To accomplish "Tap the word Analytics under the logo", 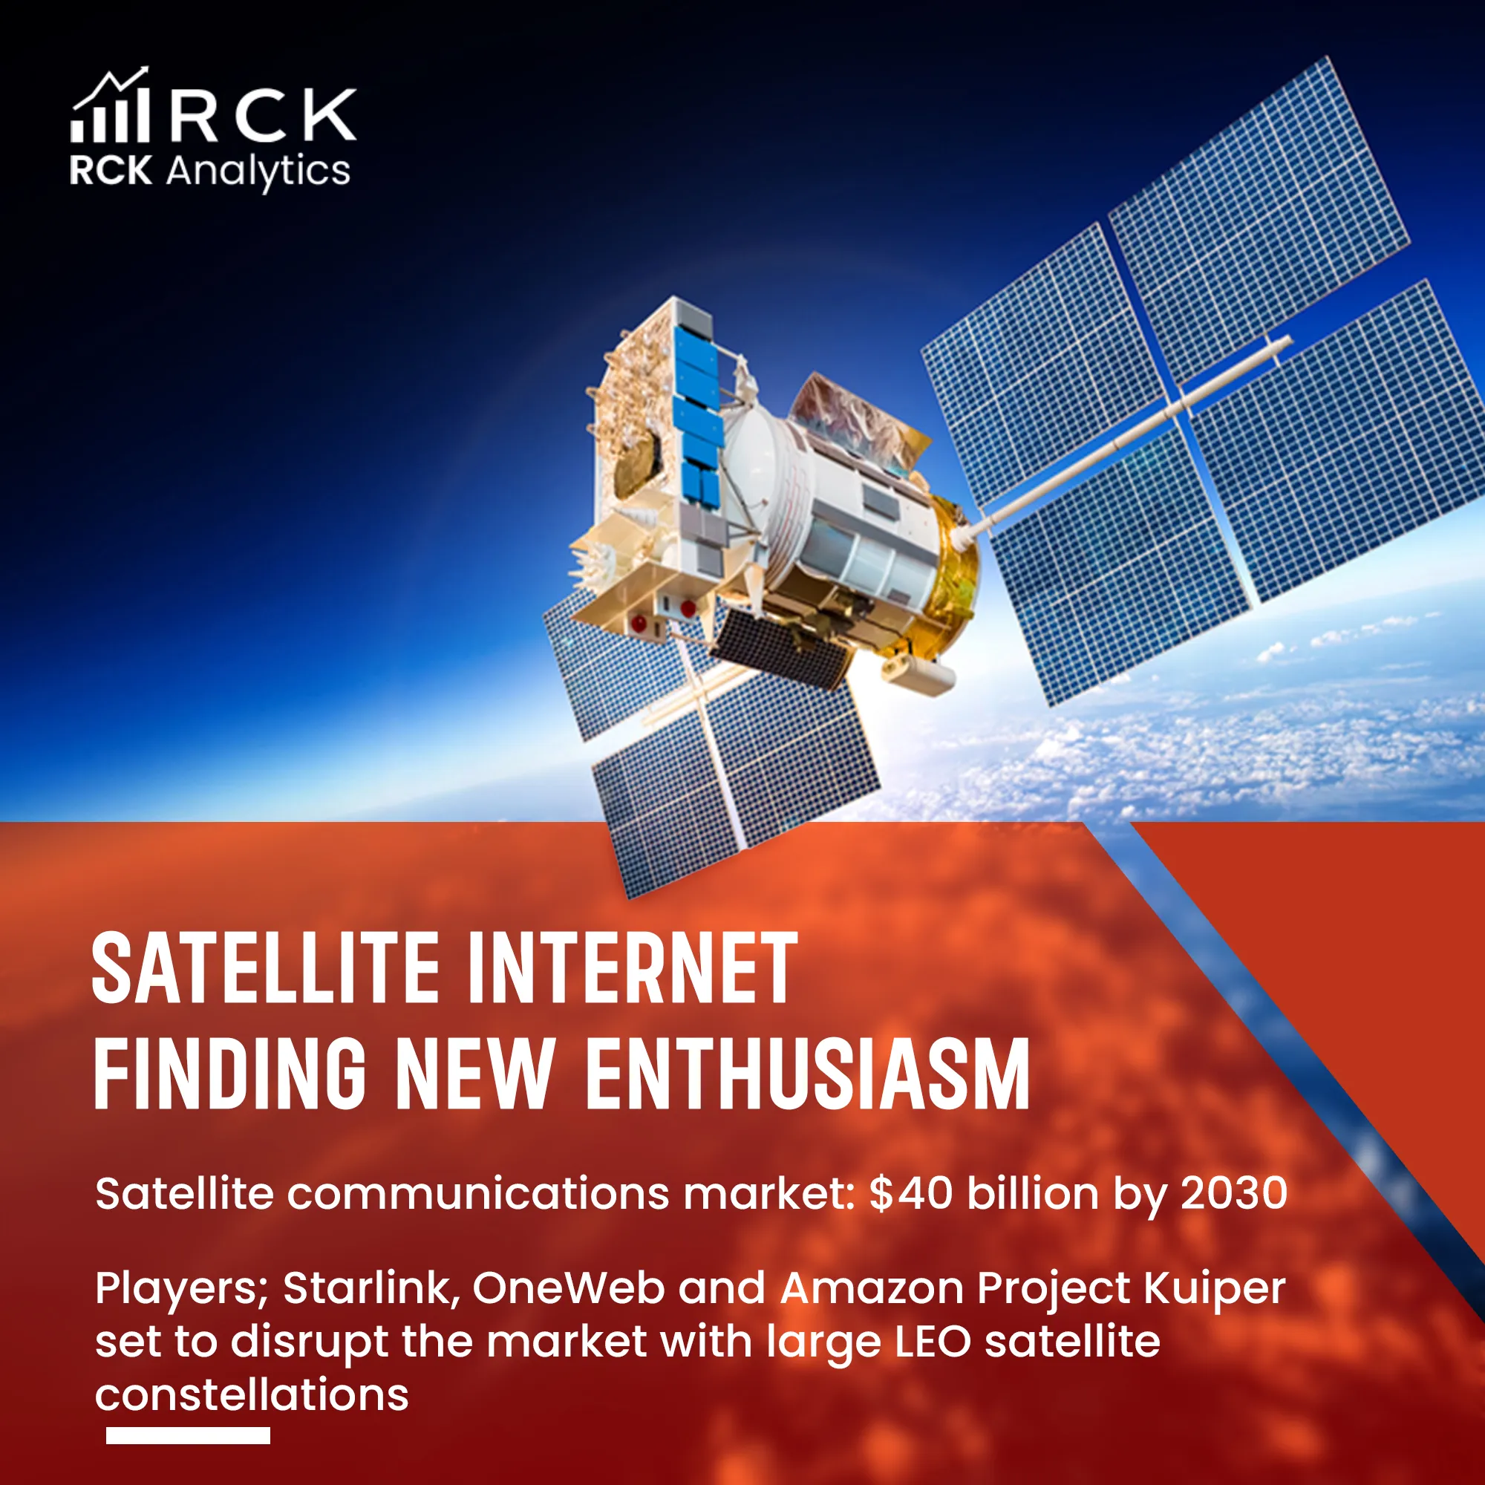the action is [258, 172].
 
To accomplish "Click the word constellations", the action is [252, 1394].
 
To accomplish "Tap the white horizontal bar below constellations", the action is [188, 1435].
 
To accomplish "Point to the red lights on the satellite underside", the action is [661, 615].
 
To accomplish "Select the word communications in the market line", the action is [478, 1194].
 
